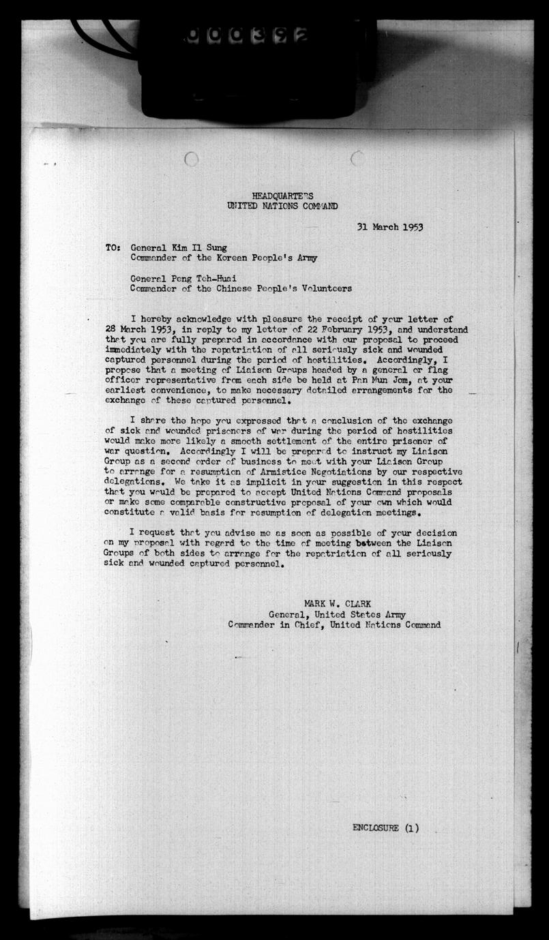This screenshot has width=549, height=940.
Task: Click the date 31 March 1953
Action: [389, 227]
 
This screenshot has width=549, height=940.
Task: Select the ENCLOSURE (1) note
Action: [385, 828]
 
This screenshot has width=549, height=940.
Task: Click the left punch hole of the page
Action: [192, 159]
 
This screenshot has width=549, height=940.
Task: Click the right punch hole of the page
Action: [357, 159]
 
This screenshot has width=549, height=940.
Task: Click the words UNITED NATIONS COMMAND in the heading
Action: [282, 206]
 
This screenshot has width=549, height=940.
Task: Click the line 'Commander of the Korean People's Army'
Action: [224, 258]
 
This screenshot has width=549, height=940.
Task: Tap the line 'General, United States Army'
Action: [337, 613]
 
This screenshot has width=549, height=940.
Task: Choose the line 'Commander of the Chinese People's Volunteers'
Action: [241, 288]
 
